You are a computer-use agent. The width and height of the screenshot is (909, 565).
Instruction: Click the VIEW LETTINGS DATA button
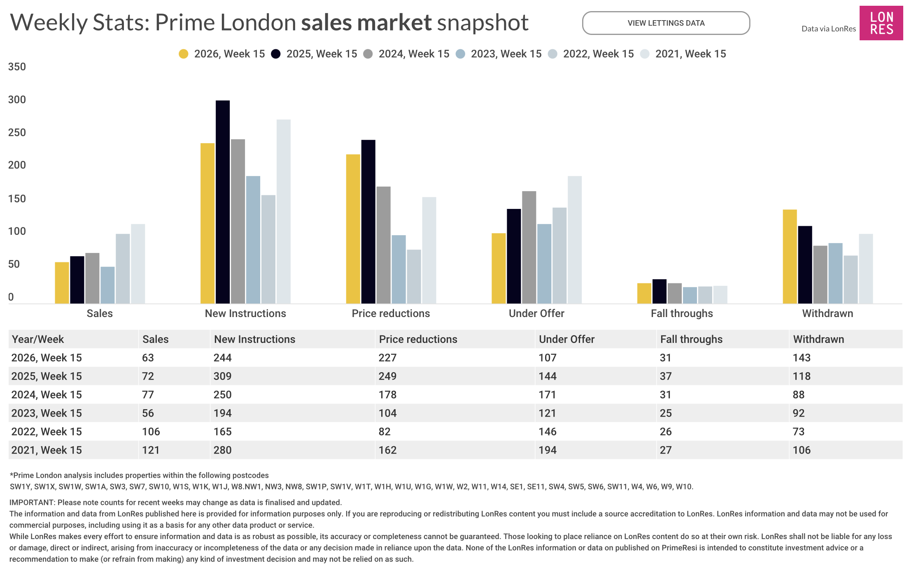tap(666, 23)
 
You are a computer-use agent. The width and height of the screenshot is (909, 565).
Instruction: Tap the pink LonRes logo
tap(881, 23)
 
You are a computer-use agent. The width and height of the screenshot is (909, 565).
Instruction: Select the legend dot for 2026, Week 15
tap(184, 54)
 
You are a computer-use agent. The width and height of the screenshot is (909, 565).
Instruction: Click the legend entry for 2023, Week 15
tap(499, 54)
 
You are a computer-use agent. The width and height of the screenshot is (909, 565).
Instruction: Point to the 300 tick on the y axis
tap(17, 100)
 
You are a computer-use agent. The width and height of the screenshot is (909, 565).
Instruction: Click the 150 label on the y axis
tap(17, 199)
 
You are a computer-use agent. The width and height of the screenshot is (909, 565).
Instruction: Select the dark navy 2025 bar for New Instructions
tap(223, 201)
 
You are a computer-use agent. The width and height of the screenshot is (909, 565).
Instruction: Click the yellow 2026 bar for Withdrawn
tap(790, 257)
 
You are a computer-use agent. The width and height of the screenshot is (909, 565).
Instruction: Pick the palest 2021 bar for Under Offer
tap(575, 240)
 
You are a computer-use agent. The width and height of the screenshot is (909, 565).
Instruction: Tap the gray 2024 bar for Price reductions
tap(383, 245)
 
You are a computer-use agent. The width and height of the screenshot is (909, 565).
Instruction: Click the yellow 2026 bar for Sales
tap(62, 283)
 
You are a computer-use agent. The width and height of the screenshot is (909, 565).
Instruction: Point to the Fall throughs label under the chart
tap(682, 313)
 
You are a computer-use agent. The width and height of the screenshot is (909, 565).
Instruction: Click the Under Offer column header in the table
tap(566, 339)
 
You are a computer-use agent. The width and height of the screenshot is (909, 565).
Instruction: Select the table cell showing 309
tap(222, 376)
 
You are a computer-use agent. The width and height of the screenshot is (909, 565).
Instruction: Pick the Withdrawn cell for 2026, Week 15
tap(802, 358)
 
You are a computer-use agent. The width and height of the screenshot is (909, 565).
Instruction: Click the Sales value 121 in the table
tap(151, 450)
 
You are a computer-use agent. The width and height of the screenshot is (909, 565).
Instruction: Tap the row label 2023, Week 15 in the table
tap(47, 413)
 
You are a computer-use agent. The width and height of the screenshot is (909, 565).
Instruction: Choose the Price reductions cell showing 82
tap(385, 432)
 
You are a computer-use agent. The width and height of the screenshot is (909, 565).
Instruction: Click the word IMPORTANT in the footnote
tap(32, 502)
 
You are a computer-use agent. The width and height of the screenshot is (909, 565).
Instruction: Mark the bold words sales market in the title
tap(366, 22)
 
